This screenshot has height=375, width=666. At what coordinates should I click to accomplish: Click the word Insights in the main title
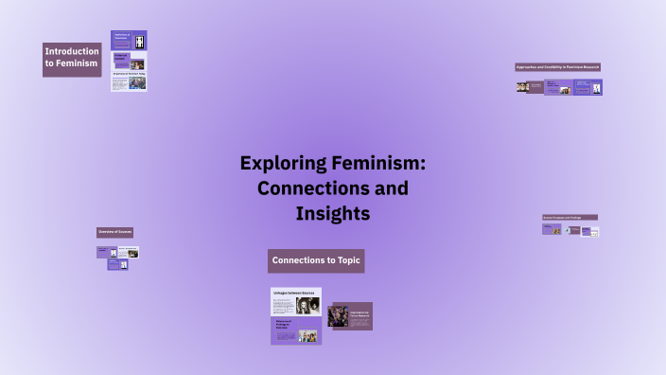332,214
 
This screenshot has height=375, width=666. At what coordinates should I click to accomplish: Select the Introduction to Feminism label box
72,59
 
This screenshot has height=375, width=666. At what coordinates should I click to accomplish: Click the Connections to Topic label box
316,260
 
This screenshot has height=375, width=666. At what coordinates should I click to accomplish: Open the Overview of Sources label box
114,232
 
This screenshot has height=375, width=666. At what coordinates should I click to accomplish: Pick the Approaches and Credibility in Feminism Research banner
557,67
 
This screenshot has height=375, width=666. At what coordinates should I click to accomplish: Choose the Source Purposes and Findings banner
570,217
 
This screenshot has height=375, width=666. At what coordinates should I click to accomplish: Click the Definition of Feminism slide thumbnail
129,41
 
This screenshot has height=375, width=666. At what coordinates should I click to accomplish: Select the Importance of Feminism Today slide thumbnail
129,80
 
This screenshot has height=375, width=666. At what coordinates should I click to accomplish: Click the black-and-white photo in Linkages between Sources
307,306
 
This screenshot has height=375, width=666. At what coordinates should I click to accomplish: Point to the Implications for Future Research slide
359,316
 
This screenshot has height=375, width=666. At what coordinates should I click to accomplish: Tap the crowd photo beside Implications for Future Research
338,317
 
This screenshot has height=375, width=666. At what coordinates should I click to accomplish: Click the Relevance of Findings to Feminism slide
295,330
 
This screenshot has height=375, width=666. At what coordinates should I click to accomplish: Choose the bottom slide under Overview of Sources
117,265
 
